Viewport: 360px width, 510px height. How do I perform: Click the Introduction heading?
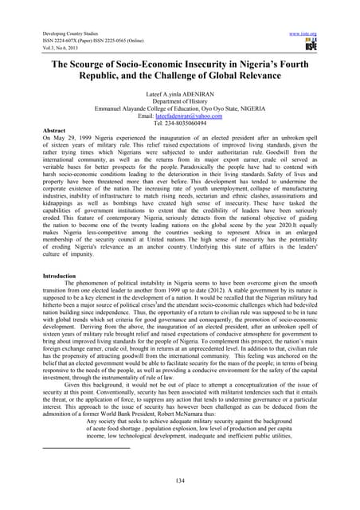click(29, 274)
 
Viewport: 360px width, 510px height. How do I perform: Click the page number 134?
click(180, 482)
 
